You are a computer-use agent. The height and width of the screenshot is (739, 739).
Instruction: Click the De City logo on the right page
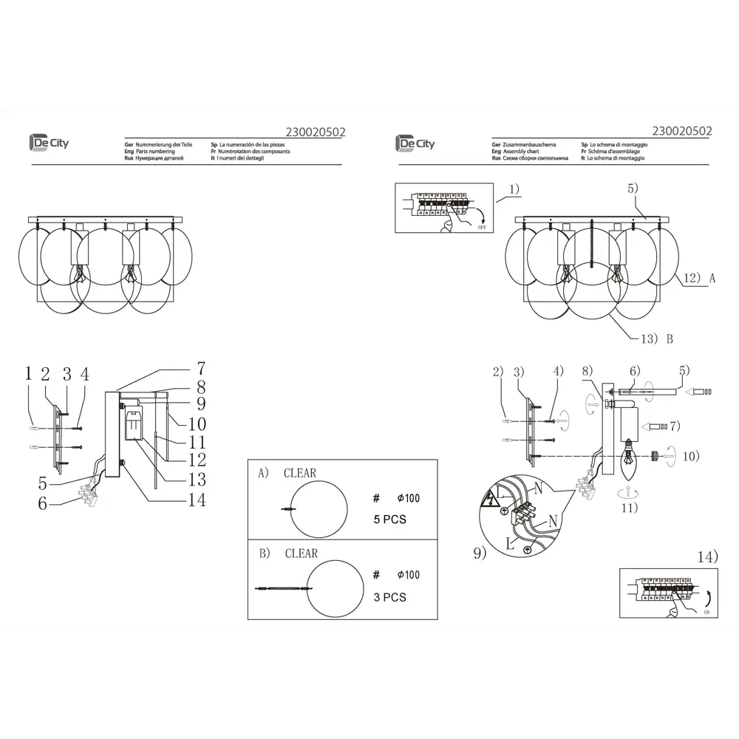pyautogui.click(x=415, y=143)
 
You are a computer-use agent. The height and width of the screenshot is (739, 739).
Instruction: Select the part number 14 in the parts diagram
pyautogui.click(x=196, y=500)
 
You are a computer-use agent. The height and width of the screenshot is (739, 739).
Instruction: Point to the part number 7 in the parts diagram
pyautogui.click(x=200, y=368)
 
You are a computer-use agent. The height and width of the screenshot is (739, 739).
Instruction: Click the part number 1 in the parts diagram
pyautogui.click(x=28, y=374)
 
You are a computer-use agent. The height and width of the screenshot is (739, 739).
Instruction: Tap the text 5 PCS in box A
pyautogui.click(x=389, y=520)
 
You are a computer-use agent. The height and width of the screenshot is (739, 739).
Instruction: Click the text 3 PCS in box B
pyautogui.click(x=389, y=597)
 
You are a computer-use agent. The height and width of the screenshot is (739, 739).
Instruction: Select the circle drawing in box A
pyautogui.click(x=319, y=509)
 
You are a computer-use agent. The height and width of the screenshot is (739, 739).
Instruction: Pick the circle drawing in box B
pyautogui.click(x=336, y=588)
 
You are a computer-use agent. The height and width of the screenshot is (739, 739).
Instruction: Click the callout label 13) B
pyautogui.click(x=655, y=339)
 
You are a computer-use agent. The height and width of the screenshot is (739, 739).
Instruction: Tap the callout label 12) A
pyautogui.click(x=699, y=279)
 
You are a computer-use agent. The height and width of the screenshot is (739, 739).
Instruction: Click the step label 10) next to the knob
pyautogui.click(x=689, y=456)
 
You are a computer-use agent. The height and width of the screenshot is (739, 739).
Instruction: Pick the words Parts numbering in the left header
pyautogui.click(x=151, y=151)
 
